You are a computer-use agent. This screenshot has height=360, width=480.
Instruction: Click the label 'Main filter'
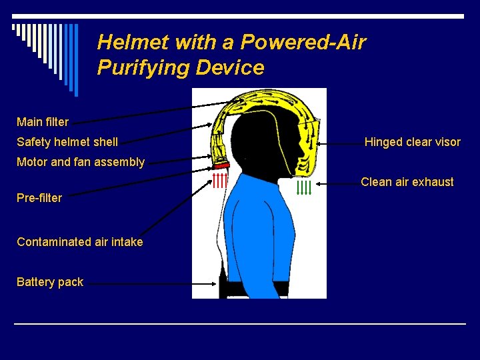click(43, 122)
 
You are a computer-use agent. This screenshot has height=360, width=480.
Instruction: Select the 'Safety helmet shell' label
click(67, 142)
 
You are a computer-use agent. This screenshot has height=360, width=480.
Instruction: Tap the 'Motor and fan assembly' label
click(81, 162)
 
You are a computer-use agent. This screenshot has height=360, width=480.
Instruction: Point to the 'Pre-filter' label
click(39, 198)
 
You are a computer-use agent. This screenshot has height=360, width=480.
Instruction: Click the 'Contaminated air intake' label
click(80, 242)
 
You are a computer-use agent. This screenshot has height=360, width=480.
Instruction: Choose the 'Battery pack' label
click(50, 282)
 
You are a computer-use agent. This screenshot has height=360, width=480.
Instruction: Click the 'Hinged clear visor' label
click(412, 142)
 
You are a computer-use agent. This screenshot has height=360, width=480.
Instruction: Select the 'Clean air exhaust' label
click(407, 182)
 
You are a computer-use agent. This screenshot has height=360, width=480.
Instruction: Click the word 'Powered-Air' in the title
click(303, 43)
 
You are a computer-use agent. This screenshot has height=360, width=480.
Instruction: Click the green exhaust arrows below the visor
click(304, 187)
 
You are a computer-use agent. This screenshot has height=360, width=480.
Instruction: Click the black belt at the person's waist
click(257, 288)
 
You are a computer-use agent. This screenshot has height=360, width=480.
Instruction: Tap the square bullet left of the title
click(14, 28)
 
